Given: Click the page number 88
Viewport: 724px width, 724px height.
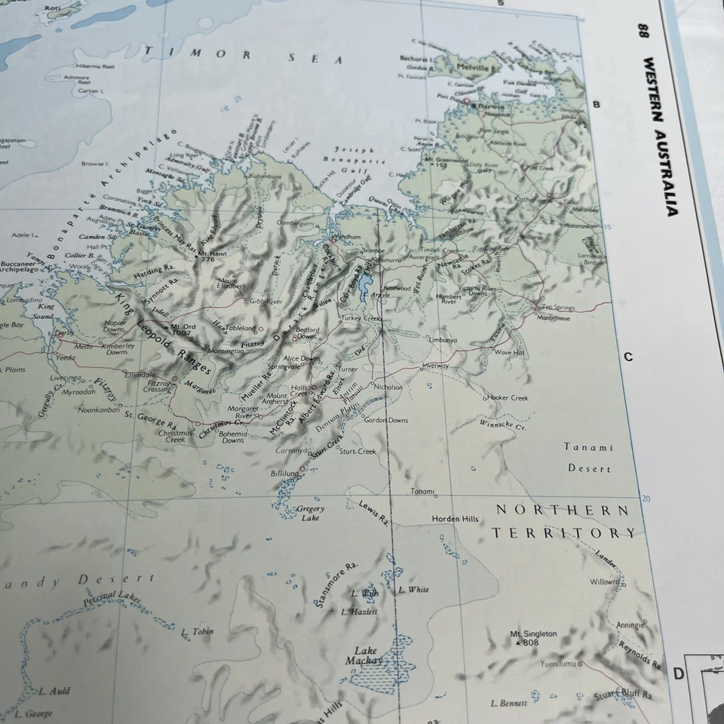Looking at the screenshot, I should point(644,31).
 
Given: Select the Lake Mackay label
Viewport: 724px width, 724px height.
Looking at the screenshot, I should point(366,655).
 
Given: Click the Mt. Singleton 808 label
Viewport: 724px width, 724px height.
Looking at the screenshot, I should point(533,638).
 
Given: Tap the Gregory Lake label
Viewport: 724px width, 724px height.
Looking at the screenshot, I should point(311,513).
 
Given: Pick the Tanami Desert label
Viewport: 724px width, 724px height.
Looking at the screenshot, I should point(589,458).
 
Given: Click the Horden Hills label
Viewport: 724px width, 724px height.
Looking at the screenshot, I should point(455,519).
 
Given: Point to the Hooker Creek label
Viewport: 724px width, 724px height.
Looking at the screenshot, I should point(508,397).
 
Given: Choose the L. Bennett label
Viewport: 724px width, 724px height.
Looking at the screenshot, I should point(508,703).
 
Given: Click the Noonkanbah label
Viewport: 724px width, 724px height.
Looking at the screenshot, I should point(99,410).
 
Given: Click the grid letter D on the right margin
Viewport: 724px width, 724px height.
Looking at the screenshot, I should point(678,673).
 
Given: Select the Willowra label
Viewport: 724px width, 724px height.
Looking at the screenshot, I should point(604,582).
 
